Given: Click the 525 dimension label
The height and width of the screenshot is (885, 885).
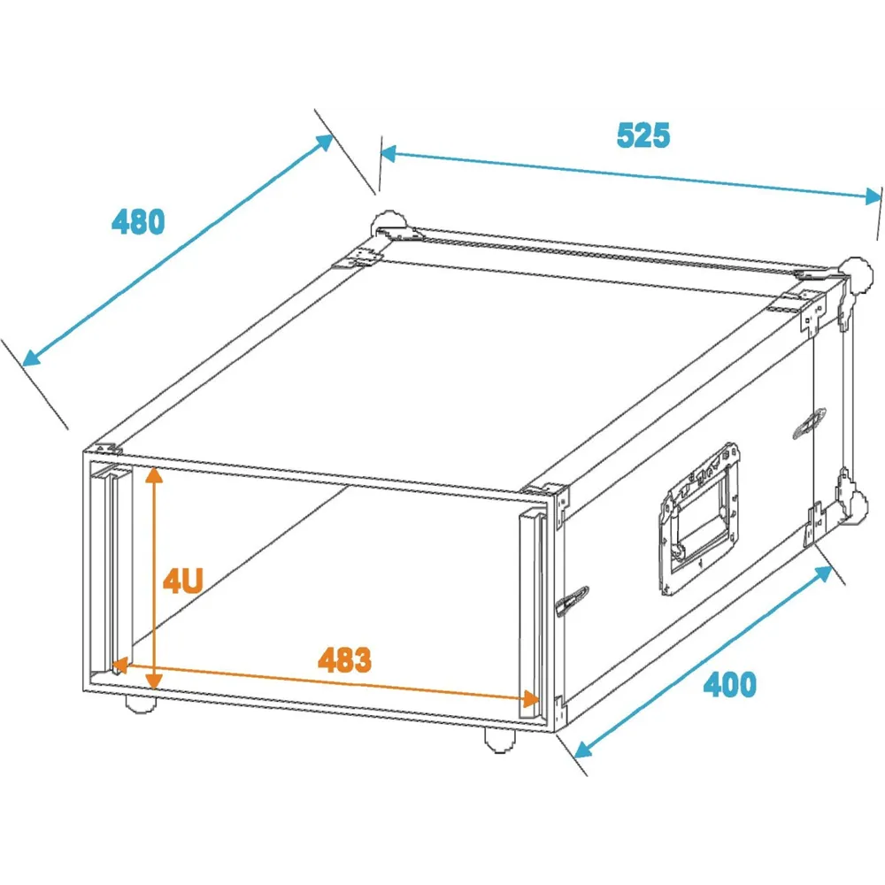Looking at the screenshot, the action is (x=643, y=135).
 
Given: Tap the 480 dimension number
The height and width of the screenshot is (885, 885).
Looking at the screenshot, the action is (x=138, y=222).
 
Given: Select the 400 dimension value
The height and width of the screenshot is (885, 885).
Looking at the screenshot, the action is (x=729, y=685).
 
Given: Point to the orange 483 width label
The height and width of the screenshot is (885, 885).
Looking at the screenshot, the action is (x=344, y=660).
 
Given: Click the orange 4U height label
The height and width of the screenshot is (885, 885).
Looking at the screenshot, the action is (x=183, y=581).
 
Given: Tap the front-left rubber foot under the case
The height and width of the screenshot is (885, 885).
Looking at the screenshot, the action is (x=140, y=704).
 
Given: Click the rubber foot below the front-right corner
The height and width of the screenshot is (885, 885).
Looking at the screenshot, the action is (x=500, y=740).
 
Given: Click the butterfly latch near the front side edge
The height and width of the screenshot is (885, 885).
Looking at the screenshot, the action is (x=572, y=602).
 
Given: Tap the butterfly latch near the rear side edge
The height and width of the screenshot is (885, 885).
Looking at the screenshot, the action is (x=810, y=423).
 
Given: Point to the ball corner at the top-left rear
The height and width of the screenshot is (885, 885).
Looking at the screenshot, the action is (x=388, y=225).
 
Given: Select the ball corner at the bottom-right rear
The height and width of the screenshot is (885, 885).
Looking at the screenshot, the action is (x=857, y=504).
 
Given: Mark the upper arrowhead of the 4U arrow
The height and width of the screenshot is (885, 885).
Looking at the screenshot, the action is (x=154, y=475).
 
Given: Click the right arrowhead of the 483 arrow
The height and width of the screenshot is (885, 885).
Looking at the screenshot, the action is (x=531, y=699).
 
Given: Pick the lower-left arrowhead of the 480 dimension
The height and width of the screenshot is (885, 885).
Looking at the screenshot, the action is (x=32, y=358).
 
